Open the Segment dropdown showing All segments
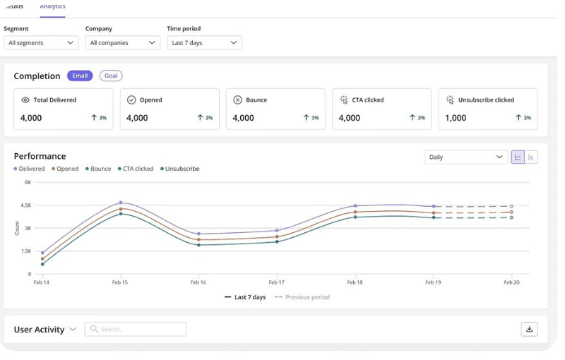41,43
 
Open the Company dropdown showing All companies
122,43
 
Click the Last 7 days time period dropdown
204,43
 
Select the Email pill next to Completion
80,76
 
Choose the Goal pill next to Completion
111,76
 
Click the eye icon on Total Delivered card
25,100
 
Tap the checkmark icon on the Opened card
131,100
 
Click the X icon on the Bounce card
237,100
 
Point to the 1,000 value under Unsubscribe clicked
456,118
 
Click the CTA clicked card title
367,100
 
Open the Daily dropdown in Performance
466,157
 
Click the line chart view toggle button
518,157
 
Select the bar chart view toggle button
531,157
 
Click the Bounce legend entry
98,169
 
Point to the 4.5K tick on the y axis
25,205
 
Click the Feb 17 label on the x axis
276,282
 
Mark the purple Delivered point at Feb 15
121,203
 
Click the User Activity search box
136,329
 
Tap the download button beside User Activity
529,329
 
